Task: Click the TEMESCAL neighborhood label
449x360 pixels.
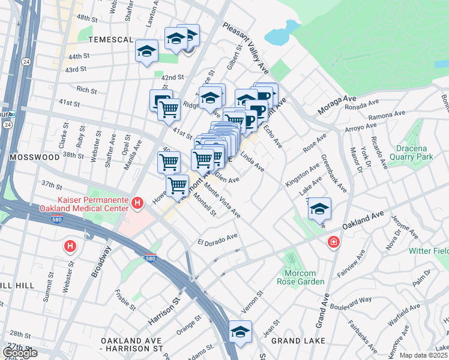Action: (x=110, y=40)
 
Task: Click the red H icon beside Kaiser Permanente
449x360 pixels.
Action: (x=138, y=204)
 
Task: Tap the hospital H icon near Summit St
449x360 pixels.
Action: (x=71, y=246)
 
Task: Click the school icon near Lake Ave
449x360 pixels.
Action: (x=319, y=208)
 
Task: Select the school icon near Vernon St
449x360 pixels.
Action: (x=240, y=332)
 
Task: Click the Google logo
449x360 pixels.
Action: (x=20, y=353)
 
